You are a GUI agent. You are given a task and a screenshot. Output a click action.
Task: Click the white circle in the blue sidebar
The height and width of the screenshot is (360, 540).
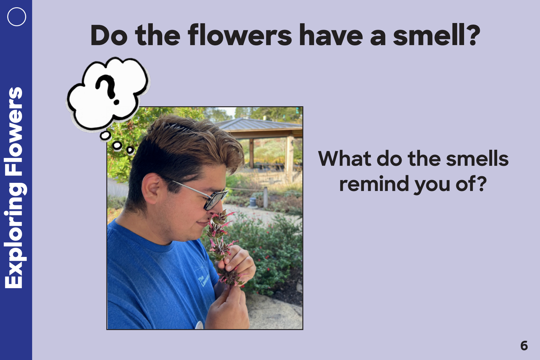[x=17, y=17]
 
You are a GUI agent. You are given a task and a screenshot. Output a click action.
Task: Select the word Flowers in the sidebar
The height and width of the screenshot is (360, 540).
[x=14, y=131]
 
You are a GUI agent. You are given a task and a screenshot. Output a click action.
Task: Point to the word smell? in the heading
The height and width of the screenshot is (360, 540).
[x=436, y=35]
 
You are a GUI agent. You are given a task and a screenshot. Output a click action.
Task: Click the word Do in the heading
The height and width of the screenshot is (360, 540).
[x=109, y=35]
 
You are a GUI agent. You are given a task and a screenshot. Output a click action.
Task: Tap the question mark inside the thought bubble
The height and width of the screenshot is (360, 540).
[x=108, y=89]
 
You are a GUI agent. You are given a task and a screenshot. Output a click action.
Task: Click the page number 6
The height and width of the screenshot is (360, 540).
[x=524, y=345]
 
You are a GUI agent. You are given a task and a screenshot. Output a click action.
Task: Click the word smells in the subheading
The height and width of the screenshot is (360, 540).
[x=477, y=159]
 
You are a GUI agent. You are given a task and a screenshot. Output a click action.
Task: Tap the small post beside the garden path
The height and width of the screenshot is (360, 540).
[x=265, y=197]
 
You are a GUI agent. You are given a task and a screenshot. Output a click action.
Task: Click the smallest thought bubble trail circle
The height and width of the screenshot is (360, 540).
[x=130, y=150]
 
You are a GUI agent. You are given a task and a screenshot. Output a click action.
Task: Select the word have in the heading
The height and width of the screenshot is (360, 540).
[x=331, y=35]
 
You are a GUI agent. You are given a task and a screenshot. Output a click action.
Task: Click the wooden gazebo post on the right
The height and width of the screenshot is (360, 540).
[x=290, y=159]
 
